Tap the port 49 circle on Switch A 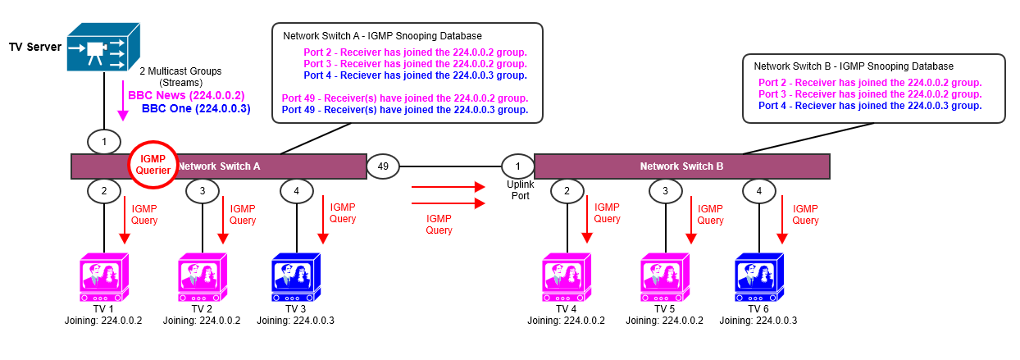383,166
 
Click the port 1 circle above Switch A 104,142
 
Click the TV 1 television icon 103,278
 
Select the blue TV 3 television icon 295,278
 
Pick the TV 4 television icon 567,278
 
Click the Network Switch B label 681,166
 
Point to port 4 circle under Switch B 759,191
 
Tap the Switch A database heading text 382,36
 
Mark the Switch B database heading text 854,66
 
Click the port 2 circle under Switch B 567,191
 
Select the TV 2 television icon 201,278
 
